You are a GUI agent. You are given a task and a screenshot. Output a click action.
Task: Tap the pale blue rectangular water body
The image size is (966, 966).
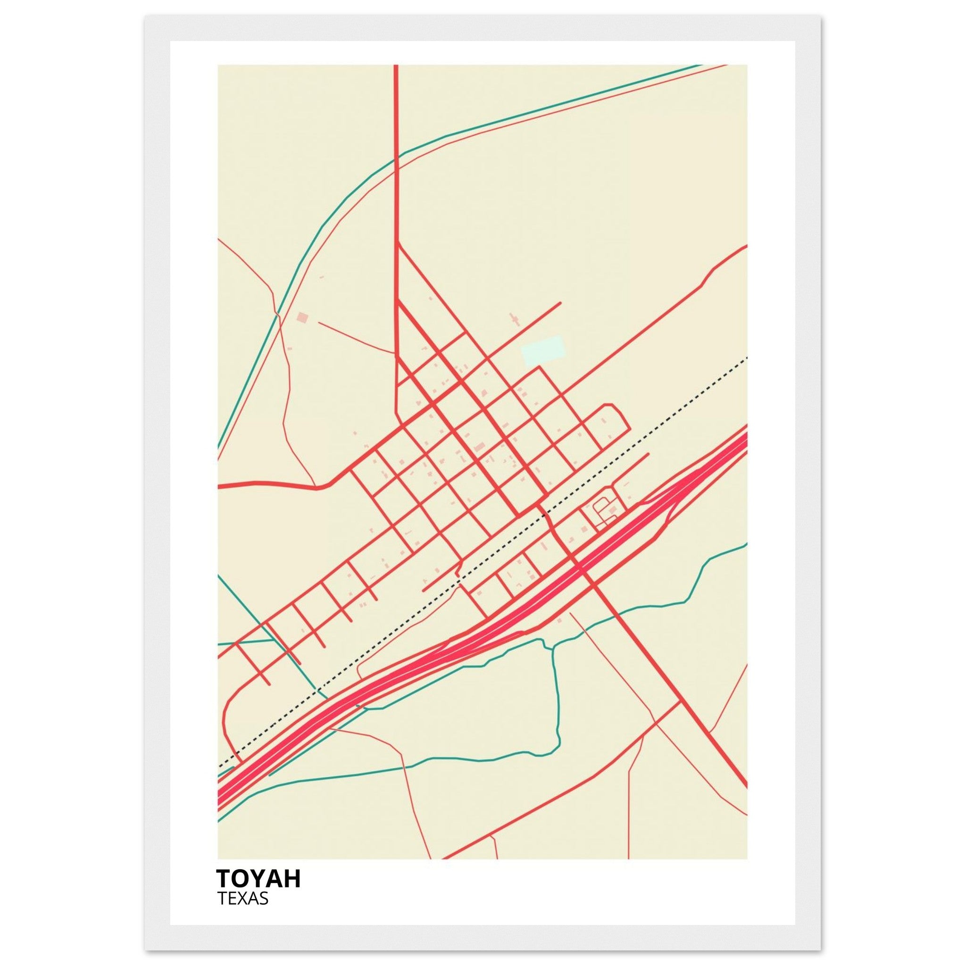point(542,350)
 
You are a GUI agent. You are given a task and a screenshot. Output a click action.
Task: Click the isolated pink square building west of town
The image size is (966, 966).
point(302,317)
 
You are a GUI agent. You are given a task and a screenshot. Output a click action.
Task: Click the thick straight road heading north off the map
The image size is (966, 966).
point(396,150)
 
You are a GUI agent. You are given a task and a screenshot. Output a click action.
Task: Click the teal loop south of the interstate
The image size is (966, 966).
point(556,710)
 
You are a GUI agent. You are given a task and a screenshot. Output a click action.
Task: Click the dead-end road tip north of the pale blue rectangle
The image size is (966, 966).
point(560,303)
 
